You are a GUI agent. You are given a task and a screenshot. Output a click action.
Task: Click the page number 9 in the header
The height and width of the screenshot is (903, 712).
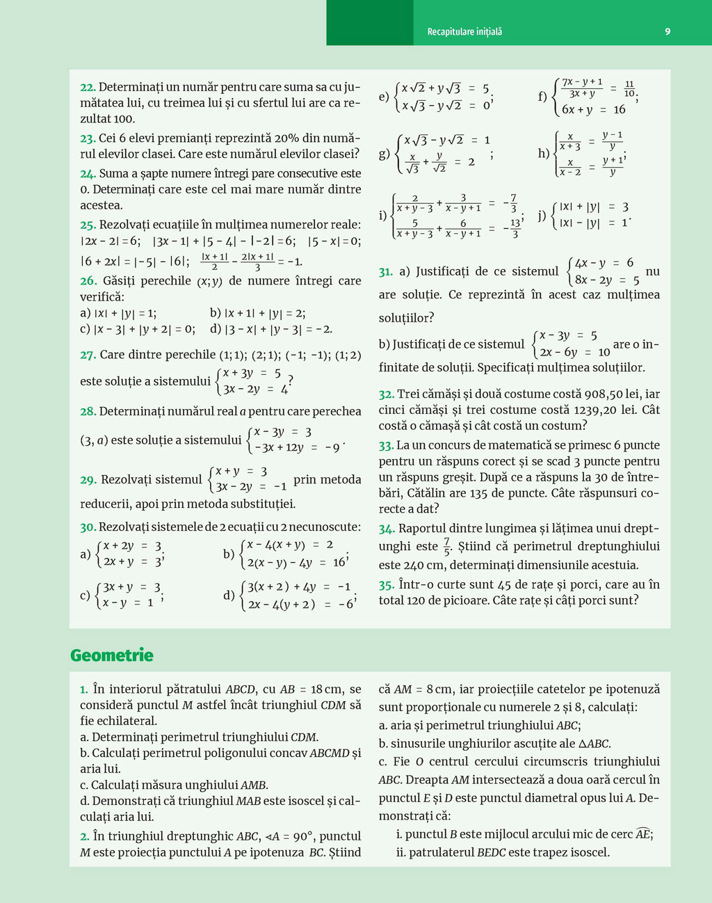click(x=667, y=31)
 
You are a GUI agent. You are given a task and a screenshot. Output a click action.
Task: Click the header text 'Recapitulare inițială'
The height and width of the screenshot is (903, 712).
click(x=464, y=32)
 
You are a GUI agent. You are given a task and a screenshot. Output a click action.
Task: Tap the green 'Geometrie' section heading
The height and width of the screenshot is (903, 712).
click(x=112, y=655)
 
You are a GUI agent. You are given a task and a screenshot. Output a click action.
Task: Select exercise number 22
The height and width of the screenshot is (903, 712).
click(x=88, y=88)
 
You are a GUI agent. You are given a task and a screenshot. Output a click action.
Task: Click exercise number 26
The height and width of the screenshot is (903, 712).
click(x=88, y=281)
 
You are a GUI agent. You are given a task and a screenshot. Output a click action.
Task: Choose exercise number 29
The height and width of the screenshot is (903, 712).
click(x=88, y=480)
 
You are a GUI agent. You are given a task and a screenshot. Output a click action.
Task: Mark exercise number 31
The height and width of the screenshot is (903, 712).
click(x=386, y=272)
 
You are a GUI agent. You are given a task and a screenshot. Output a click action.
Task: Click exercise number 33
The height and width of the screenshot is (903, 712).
click(x=386, y=445)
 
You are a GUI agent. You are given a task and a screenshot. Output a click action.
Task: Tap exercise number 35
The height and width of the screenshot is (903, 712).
click(x=387, y=585)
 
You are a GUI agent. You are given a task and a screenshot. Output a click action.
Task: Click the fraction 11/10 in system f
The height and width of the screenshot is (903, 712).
click(x=629, y=89)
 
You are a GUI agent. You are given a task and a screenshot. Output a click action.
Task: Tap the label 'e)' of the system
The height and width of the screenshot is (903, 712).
click(x=384, y=97)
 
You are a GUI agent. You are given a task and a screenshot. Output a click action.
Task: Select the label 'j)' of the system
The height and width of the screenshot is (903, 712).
click(x=542, y=215)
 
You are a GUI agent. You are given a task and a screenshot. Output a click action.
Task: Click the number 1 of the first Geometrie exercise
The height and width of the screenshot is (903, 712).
click(x=83, y=690)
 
